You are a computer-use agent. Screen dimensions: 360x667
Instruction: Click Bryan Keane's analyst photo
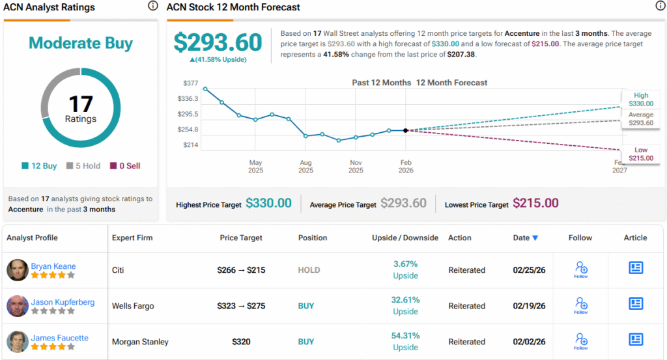(18, 270)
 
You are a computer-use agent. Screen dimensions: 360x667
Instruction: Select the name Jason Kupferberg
(63, 302)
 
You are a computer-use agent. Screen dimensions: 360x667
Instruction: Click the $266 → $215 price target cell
(241, 270)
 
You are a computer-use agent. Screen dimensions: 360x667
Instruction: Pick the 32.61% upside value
(404, 299)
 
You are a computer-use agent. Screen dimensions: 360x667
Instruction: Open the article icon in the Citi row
(636, 268)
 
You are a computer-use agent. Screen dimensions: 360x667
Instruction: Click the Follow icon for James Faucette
(581, 340)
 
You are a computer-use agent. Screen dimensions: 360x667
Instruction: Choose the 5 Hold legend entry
(83, 166)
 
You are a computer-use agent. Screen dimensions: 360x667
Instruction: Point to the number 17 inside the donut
(81, 104)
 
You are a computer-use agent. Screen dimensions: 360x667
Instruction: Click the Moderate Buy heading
(81, 44)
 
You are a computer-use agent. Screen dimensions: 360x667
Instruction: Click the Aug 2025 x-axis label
(305, 167)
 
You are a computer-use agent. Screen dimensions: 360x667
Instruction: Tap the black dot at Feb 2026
(406, 131)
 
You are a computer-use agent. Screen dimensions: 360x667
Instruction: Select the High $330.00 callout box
(640, 100)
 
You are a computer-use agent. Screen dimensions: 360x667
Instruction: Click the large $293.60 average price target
(218, 42)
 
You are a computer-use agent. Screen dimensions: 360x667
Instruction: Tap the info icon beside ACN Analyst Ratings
(152, 6)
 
